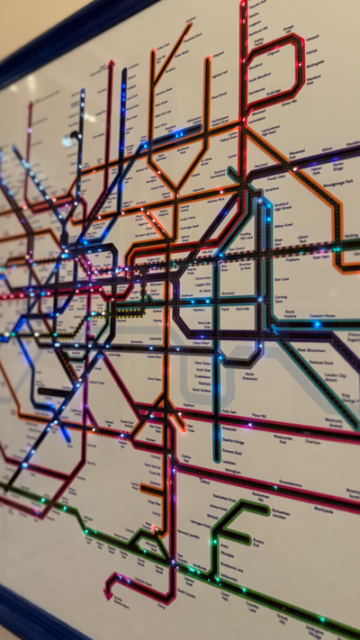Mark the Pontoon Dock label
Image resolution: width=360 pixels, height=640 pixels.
(315, 362)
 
